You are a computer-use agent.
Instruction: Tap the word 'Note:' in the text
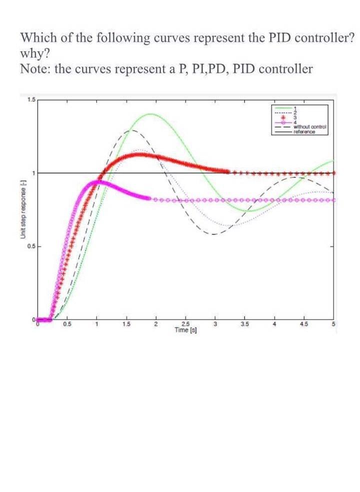(x=35, y=68)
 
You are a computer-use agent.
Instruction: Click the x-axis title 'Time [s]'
(x=185, y=330)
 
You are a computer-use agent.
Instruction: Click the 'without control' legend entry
(x=310, y=127)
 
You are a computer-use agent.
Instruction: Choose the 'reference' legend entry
(x=304, y=131)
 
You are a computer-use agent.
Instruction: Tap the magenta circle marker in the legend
(x=282, y=122)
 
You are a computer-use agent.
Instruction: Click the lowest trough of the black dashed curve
(x=212, y=234)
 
